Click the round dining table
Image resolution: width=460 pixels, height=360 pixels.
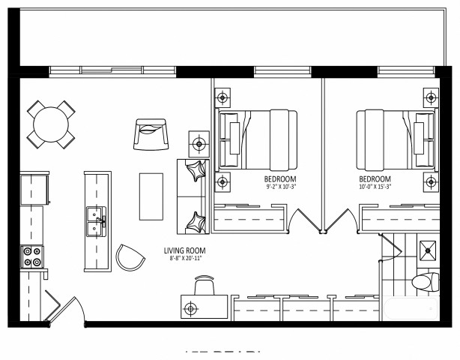click(51, 124)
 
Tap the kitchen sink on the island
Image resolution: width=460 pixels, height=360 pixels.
click(95, 221)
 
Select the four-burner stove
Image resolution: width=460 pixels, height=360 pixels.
click(33, 257)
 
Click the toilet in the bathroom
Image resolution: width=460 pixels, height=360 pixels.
click(425, 283)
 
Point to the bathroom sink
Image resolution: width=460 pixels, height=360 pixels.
click(428, 250)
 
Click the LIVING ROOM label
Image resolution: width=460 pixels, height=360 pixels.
click(185, 251)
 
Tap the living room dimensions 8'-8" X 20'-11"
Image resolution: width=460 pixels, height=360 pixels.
click(185, 259)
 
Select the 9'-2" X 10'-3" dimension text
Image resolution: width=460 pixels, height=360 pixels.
click(282, 187)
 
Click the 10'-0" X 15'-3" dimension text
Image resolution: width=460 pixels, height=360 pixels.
click(375, 187)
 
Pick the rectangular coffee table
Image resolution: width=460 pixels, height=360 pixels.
click(151, 196)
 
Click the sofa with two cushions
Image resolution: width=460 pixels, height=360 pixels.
click(192, 196)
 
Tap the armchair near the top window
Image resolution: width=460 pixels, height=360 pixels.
click(153, 133)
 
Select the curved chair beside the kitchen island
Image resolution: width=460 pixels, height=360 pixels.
click(131, 258)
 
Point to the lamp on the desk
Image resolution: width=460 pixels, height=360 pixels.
click(192, 307)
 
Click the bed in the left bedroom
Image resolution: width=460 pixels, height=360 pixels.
click(257, 139)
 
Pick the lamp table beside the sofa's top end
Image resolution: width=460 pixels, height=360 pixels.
click(199, 142)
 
